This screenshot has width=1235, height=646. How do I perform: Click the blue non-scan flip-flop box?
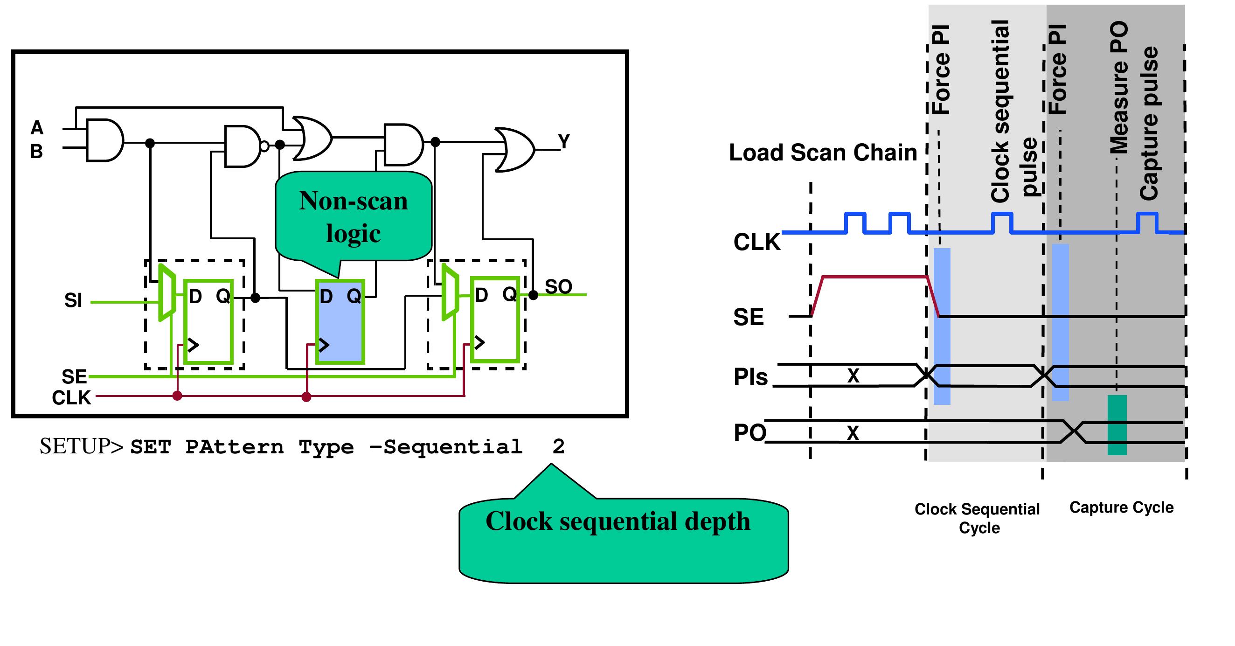pos(340,321)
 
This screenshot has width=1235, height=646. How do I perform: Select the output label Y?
pos(564,141)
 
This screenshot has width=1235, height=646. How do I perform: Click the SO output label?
pos(558,286)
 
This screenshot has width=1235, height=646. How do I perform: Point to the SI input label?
pos(73,300)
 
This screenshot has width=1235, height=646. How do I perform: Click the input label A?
pos(37,128)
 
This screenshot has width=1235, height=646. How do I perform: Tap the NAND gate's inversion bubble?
pos(264,146)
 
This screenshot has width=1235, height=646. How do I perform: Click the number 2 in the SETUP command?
pos(558,446)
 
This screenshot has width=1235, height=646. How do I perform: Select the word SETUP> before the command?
pos(82,446)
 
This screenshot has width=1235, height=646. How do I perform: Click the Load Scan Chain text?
pos(823,153)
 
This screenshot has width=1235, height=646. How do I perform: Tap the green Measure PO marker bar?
pos(1117,425)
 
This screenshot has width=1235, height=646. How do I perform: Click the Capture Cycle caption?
pos(1121,507)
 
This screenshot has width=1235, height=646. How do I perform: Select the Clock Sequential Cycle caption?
pos(977,518)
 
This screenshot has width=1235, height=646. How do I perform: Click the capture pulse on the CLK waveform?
pos(1147,222)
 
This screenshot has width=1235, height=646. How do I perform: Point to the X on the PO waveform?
pos(853,432)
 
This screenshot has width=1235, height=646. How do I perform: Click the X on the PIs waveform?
pos(853,375)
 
